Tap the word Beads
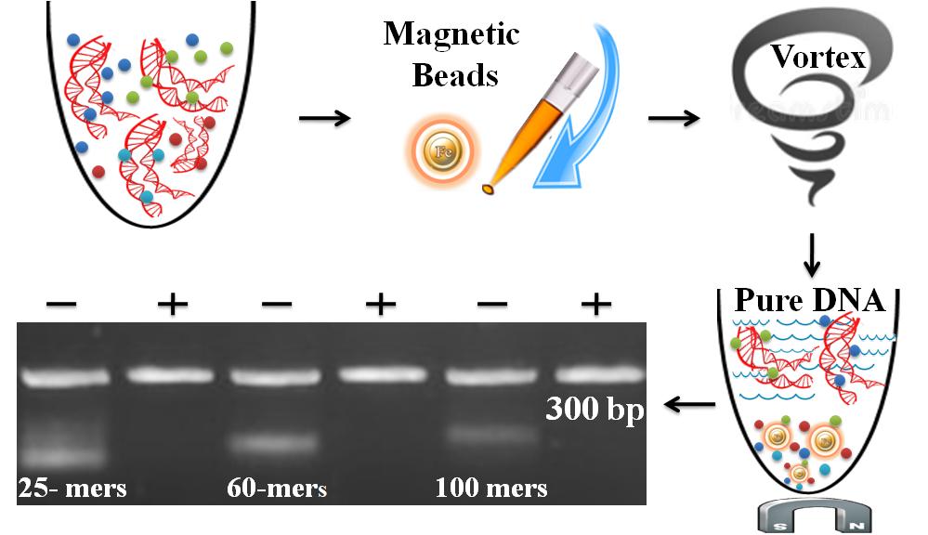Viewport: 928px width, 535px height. tap(455, 75)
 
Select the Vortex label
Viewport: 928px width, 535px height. tap(818, 57)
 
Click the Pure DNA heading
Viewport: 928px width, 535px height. tap(810, 300)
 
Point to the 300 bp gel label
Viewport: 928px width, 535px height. tap(595, 409)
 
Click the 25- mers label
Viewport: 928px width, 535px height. tap(72, 489)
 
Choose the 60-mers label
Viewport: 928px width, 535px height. tap(277, 489)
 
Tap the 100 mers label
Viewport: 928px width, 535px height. tap(491, 489)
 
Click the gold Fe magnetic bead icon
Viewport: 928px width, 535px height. tap(443, 151)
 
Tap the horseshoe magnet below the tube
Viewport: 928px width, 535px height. tap(815, 516)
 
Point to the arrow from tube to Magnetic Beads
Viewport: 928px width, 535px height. tap(324, 118)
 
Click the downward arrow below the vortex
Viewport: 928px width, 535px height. tap(811, 255)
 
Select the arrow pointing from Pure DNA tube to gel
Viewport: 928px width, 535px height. tap(689, 405)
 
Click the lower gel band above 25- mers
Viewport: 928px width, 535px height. tap(63, 456)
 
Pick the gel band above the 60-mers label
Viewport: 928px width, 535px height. tap(273, 442)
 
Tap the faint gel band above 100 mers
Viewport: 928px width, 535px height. tap(491, 435)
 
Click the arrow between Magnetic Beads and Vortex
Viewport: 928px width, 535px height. tap(673, 118)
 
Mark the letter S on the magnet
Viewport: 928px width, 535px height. tap(781, 526)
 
